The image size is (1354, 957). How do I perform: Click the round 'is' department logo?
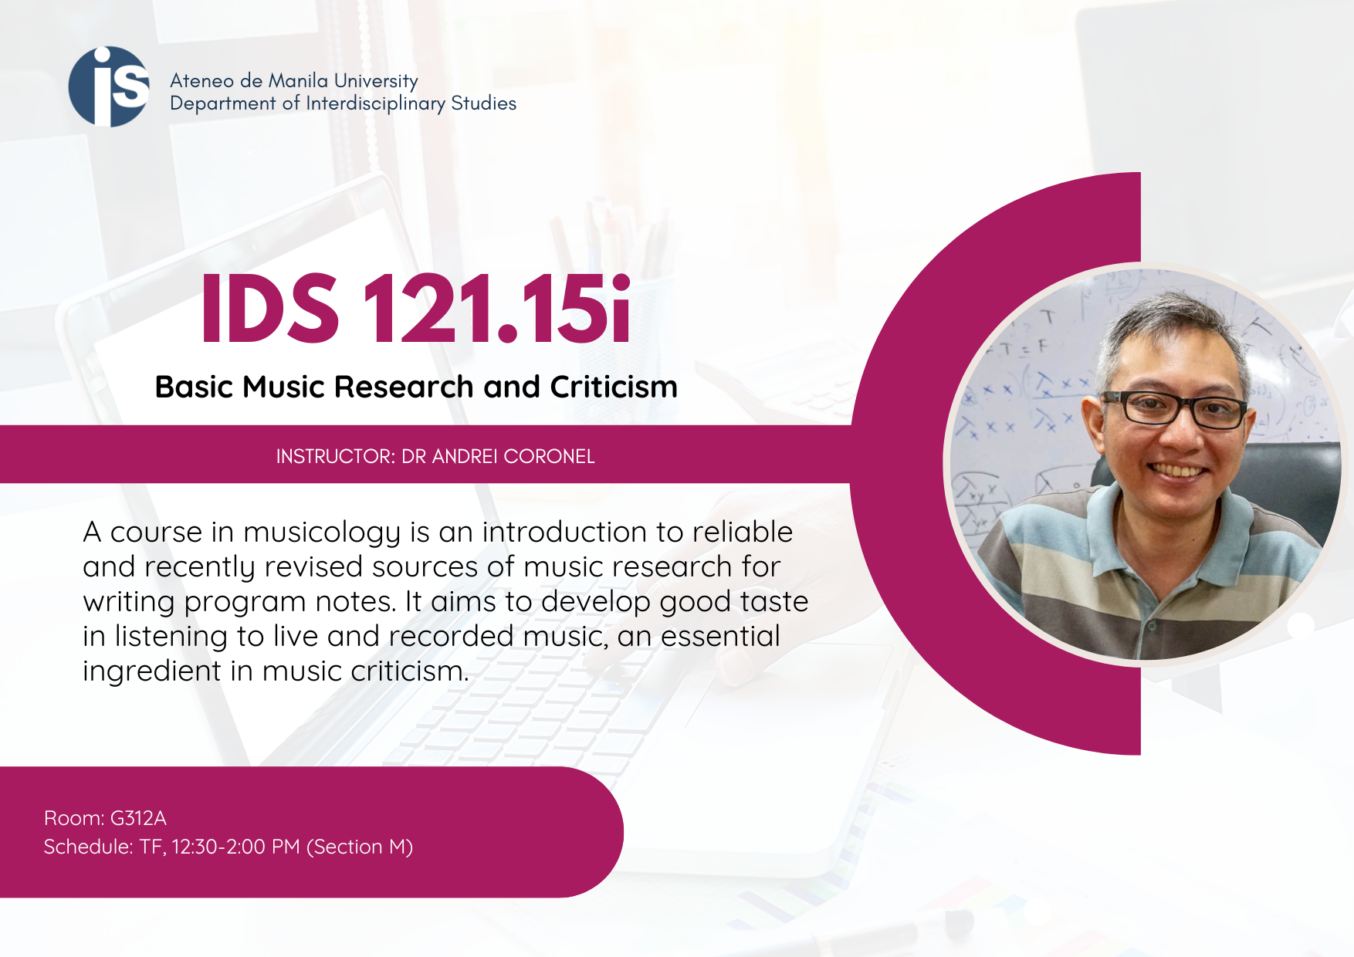(109, 86)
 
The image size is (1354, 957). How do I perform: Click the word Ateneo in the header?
(201, 80)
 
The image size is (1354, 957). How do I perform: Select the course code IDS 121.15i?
(416, 309)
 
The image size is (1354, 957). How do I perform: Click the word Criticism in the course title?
(614, 387)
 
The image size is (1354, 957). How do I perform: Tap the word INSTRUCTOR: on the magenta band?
(336, 457)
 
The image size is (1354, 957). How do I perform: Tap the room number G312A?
(138, 818)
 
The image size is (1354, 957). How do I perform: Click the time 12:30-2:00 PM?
(235, 847)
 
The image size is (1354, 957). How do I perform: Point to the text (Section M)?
(360, 847)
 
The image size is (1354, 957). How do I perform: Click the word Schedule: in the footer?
(89, 847)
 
